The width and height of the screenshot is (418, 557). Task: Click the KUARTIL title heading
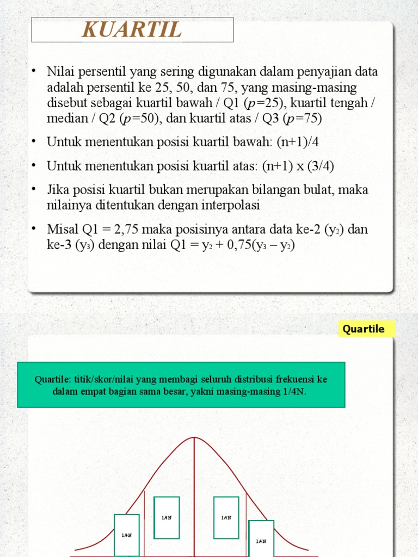coord(132,29)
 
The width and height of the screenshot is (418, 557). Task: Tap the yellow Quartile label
coord(364,329)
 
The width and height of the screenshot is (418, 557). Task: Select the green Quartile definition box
coord(181,385)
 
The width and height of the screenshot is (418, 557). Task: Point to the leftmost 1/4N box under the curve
coord(126,535)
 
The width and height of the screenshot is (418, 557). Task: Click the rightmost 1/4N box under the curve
coord(261,539)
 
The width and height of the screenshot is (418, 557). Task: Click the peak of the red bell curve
coord(194,438)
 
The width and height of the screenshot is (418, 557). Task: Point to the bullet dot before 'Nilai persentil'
coord(34,71)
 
